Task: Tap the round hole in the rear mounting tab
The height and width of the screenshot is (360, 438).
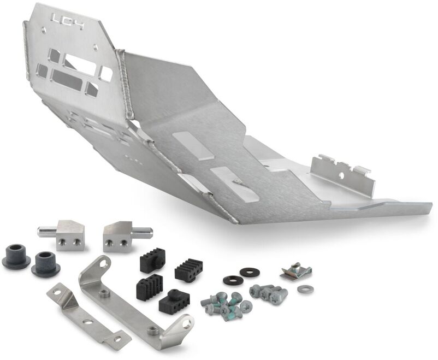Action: click(x=343, y=176)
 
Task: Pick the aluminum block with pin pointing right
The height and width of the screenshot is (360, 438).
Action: click(x=120, y=233)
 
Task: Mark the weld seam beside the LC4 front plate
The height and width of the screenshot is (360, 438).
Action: click(x=127, y=82)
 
